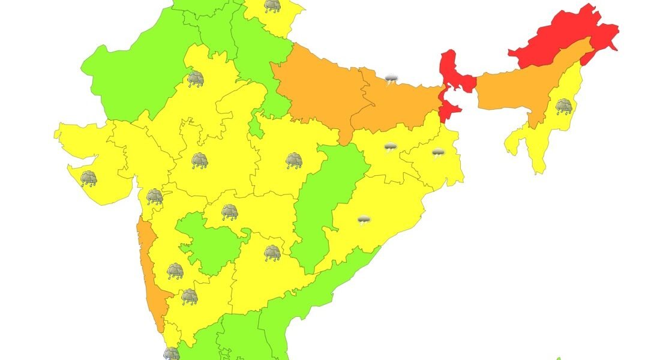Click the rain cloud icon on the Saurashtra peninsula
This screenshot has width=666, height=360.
click(x=89, y=178)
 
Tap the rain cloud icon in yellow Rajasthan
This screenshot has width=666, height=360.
click(x=195, y=79)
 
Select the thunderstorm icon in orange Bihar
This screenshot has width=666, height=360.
click(x=392, y=79)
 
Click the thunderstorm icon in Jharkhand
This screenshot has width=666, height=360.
click(x=391, y=147)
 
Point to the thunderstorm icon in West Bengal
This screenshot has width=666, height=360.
click(x=439, y=153)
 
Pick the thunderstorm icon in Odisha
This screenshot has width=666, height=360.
click(x=364, y=220)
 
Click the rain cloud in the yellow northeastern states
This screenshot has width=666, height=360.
click(x=563, y=107)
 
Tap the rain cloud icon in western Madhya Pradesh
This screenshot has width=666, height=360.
click(x=199, y=161)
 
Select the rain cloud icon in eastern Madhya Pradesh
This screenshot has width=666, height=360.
click(x=294, y=160)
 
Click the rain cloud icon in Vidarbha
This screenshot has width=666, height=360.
click(x=229, y=212)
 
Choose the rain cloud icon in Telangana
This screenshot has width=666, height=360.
click(x=272, y=253)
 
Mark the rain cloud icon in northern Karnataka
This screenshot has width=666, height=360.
click(x=190, y=296)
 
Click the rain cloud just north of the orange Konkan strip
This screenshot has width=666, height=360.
click(x=155, y=196)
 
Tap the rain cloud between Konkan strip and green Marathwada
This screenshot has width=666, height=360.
click(x=175, y=271)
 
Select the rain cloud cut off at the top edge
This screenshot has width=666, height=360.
click(x=272, y=6)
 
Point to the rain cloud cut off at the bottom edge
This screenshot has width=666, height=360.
click(x=171, y=354)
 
